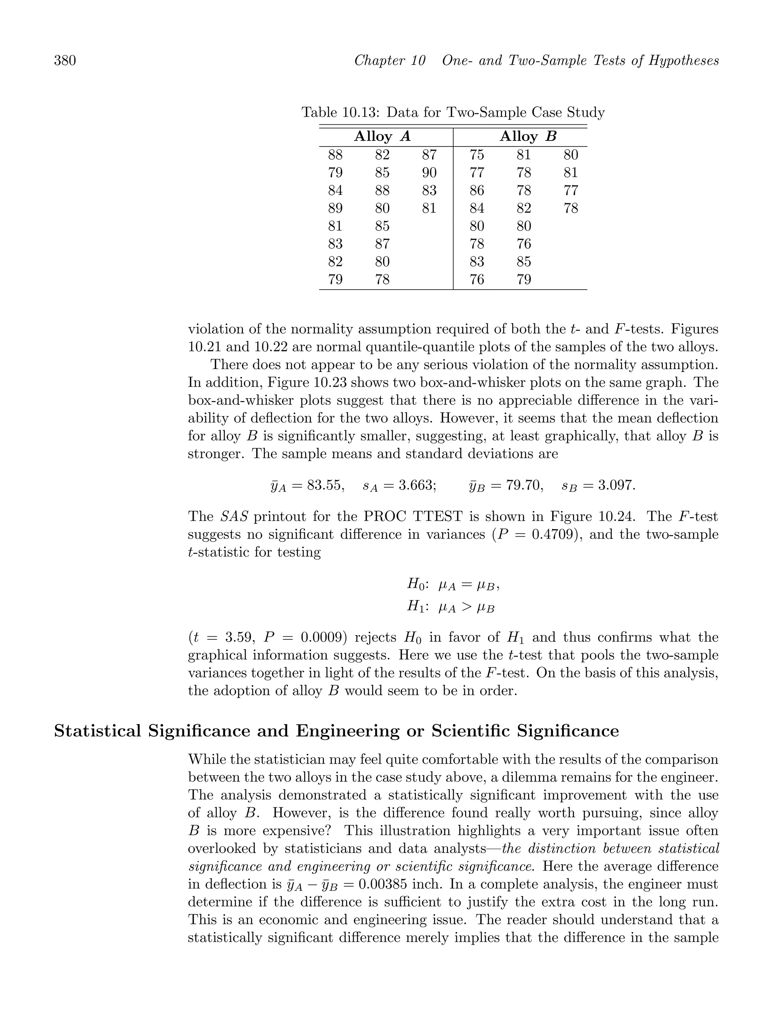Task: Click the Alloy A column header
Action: tap(382, 137)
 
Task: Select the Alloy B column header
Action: tap(528, 137)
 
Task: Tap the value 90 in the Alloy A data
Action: tap(429, 173)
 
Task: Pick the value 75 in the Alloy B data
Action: tap(477, 155)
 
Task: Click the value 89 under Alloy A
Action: tap(335, 208)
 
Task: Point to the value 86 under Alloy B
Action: tap(477, 190)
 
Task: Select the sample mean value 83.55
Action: tap(326, 486)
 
